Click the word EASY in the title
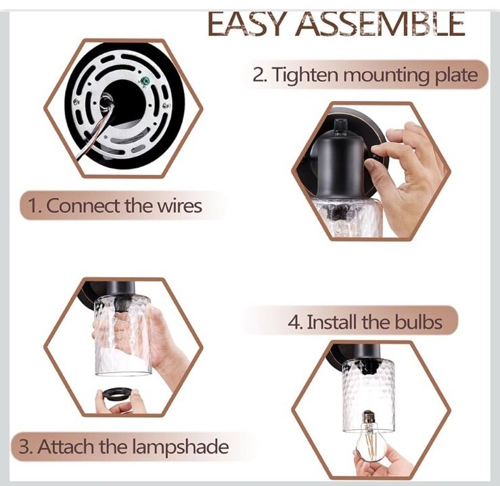[x=245, y=24]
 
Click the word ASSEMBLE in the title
[x=381, y=24]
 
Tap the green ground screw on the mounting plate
[x=145, y=79]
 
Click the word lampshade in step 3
[x=180, y=447]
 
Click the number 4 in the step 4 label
[x=294, y=323]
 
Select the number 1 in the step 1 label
[x=34, y=206]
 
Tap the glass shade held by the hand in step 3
[x=122, y=335]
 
